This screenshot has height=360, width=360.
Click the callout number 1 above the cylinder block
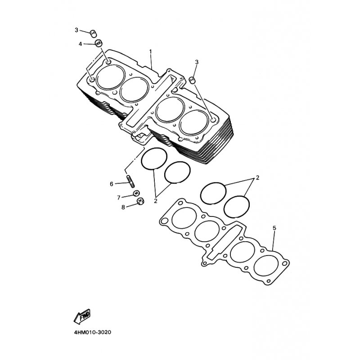(x=151, y=52)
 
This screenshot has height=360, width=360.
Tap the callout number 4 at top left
(x=80, y=44)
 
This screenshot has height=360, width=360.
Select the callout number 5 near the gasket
(x=274, y=228)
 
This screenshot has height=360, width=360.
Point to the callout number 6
(x=112, y=184)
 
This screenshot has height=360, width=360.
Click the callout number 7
(x=119, y=198)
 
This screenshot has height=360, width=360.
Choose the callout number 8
(x=123, y=207)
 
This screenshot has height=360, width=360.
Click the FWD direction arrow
(x=82, y=317)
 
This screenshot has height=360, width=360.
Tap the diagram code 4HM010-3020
(x=93, y=332)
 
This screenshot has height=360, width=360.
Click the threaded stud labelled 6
(x=130, y=180)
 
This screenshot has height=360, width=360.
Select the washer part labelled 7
(x=136, y=193)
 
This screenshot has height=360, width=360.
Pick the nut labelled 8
(x=140, y=201)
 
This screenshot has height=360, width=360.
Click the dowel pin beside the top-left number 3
(x=93, y=33)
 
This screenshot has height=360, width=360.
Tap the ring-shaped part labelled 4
(x=99, y=43)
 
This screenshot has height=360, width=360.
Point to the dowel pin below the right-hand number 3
(x=192, y=80)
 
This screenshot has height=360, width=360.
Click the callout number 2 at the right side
(x=257, y=177)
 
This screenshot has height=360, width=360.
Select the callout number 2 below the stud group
(x=156, y=201)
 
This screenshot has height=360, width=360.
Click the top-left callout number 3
(x=76, y=30)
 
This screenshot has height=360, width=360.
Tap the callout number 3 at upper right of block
(x=197, y=62)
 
